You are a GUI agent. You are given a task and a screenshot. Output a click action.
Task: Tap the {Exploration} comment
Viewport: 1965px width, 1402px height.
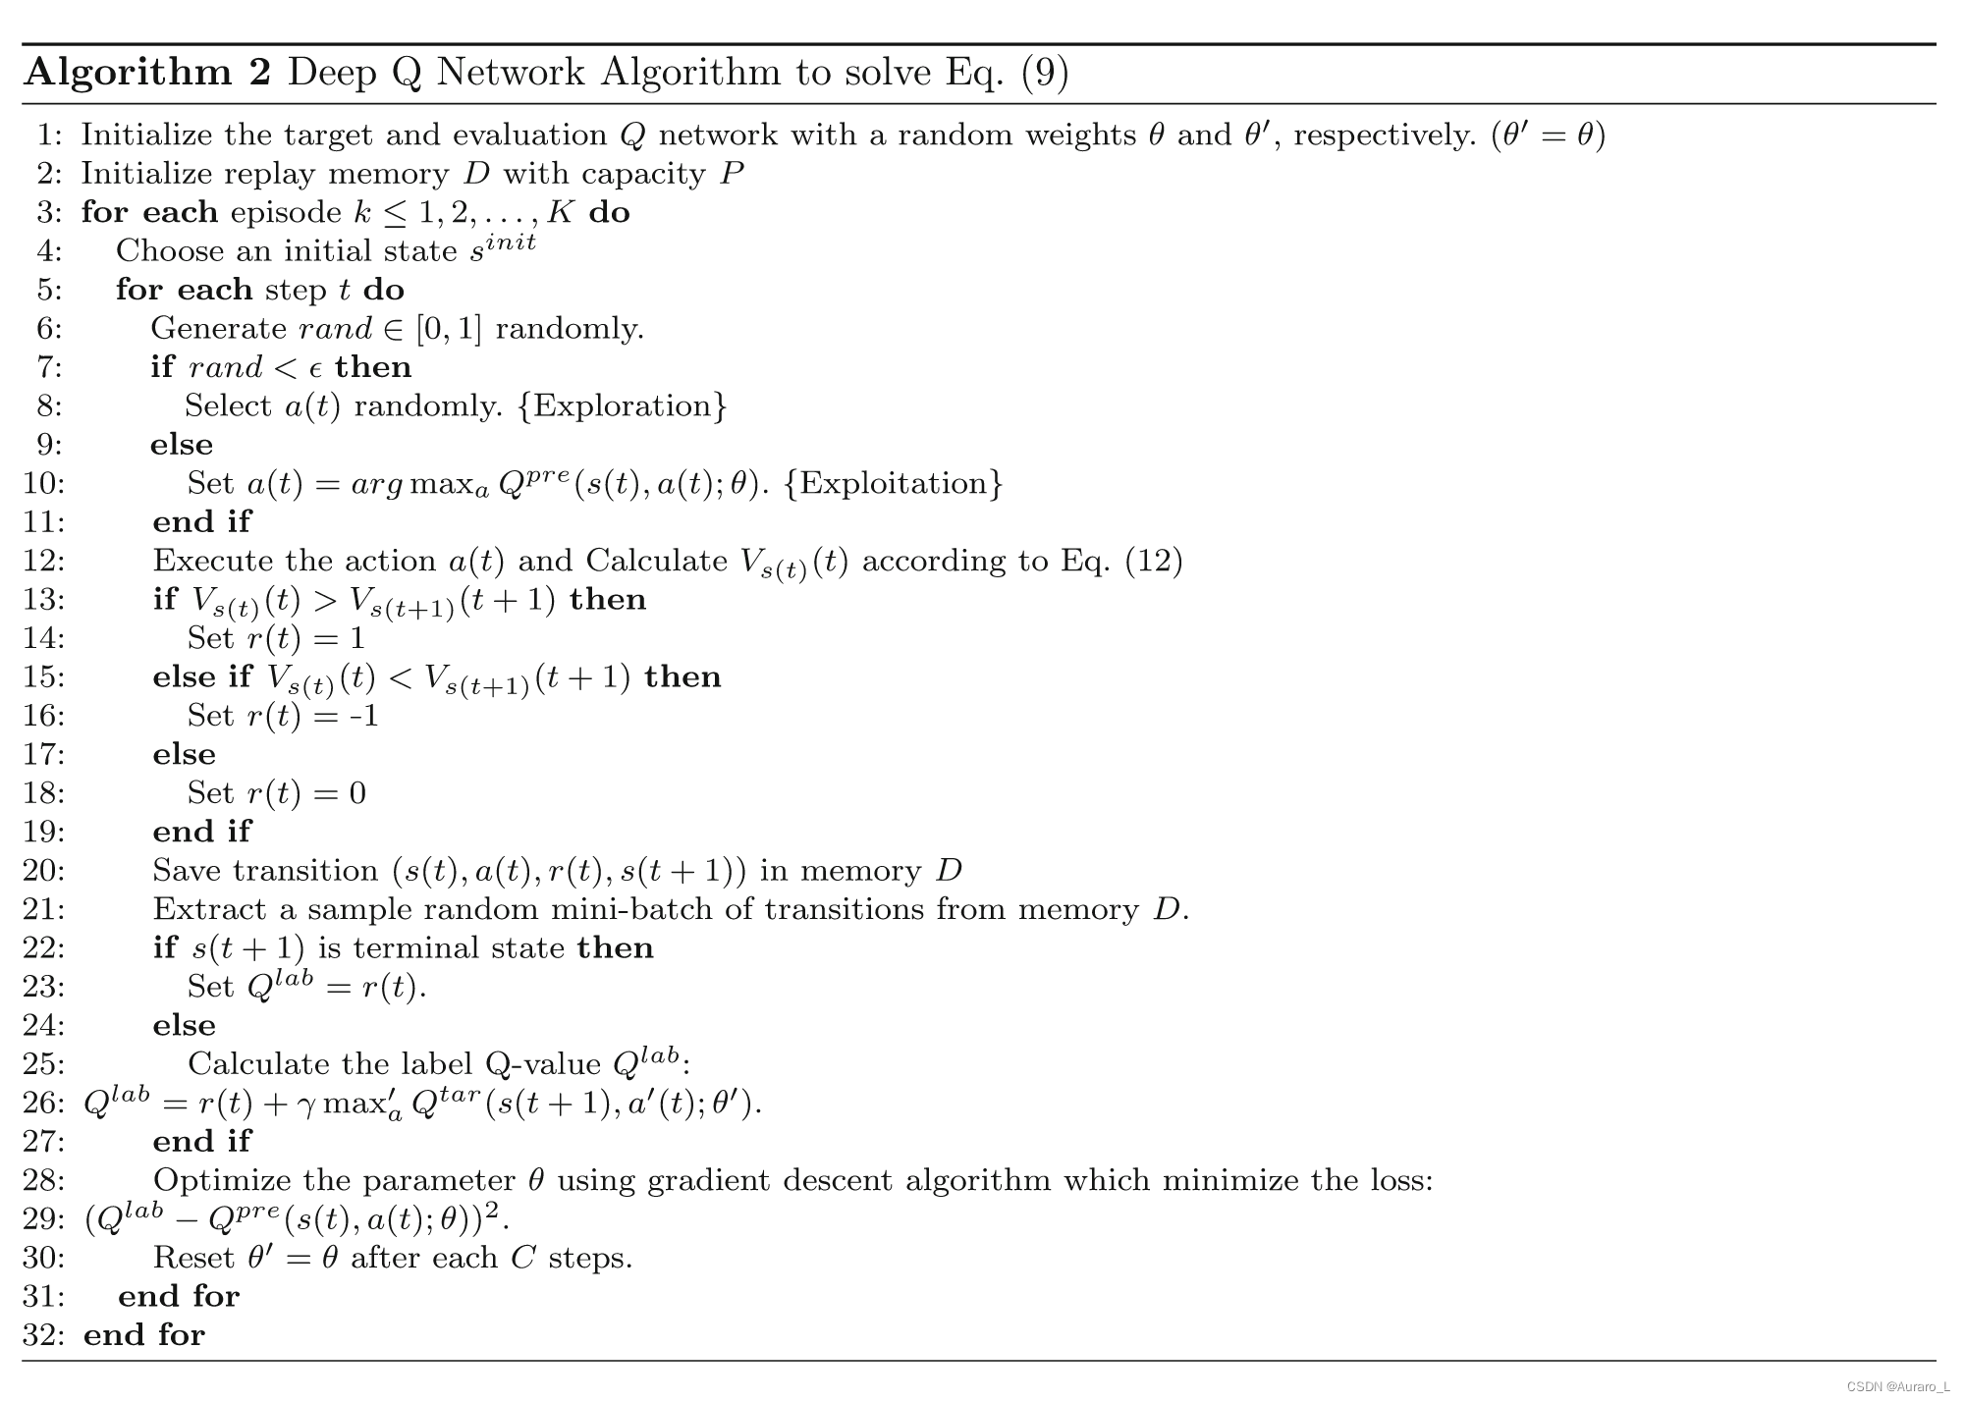click(x=622, y=405)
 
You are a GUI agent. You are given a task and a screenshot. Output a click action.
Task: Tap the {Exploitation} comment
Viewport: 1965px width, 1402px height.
click(x=894, y=483)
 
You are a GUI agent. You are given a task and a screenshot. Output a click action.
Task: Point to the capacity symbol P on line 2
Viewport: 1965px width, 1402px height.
click(x=731, y=174)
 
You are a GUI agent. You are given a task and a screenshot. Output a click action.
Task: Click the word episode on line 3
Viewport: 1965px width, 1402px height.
click(x=286, y=213)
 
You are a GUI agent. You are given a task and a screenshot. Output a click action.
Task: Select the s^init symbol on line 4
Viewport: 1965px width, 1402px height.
click(x=502, y=248)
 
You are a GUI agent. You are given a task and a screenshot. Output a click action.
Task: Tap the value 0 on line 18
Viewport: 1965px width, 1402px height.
click(x=357, y=793)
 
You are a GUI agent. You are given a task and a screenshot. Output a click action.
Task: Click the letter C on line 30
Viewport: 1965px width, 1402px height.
click(x=522, y=1258)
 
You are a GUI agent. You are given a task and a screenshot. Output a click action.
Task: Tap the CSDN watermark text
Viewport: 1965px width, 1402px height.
click(x=1897, y=1386)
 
